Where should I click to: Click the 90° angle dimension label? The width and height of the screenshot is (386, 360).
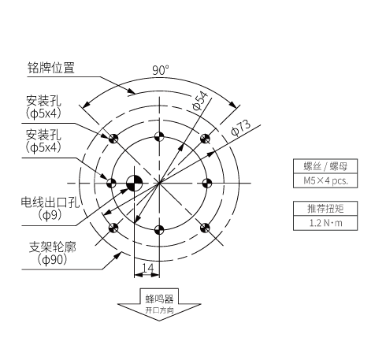point(161,70)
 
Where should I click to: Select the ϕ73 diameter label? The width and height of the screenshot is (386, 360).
point(241,128)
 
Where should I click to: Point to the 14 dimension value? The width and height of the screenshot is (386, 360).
point(147,268)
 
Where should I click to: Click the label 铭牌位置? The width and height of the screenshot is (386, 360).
point(51,68)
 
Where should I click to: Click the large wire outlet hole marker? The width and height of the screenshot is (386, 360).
point(135,183)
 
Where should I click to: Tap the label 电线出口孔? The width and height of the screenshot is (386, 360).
point(50,202)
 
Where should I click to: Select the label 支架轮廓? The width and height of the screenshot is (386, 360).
point(52,247)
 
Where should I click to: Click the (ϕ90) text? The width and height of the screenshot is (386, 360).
point(52,260)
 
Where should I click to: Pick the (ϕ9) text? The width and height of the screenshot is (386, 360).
point(50,215)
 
